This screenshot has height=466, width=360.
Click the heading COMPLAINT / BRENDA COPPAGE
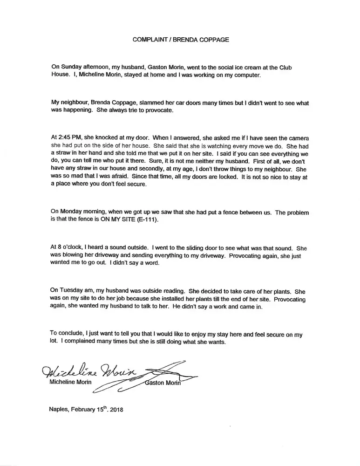click(181, 40)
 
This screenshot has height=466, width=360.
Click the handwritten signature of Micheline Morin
click(88, 372)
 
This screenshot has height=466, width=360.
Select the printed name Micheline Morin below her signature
click(71, 383)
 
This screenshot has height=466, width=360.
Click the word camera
click(299, 138)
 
